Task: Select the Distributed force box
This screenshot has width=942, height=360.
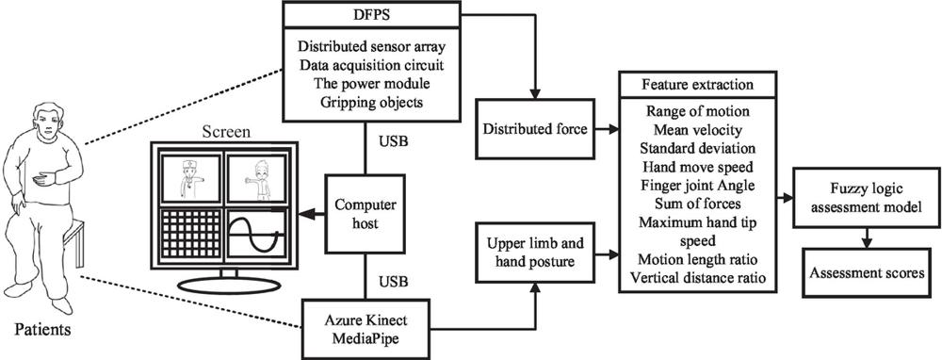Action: tap(535, 129)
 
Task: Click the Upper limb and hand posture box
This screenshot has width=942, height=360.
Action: tap(535, 254)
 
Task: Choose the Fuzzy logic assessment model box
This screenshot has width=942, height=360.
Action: tap(866, 198)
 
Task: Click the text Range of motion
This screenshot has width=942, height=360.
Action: tap(697, 111)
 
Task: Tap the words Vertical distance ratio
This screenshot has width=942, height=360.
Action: tap(697, 278)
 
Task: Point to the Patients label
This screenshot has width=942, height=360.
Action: tap(43, 329)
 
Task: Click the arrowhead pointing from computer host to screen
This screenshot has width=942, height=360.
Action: tap(308, 214)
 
